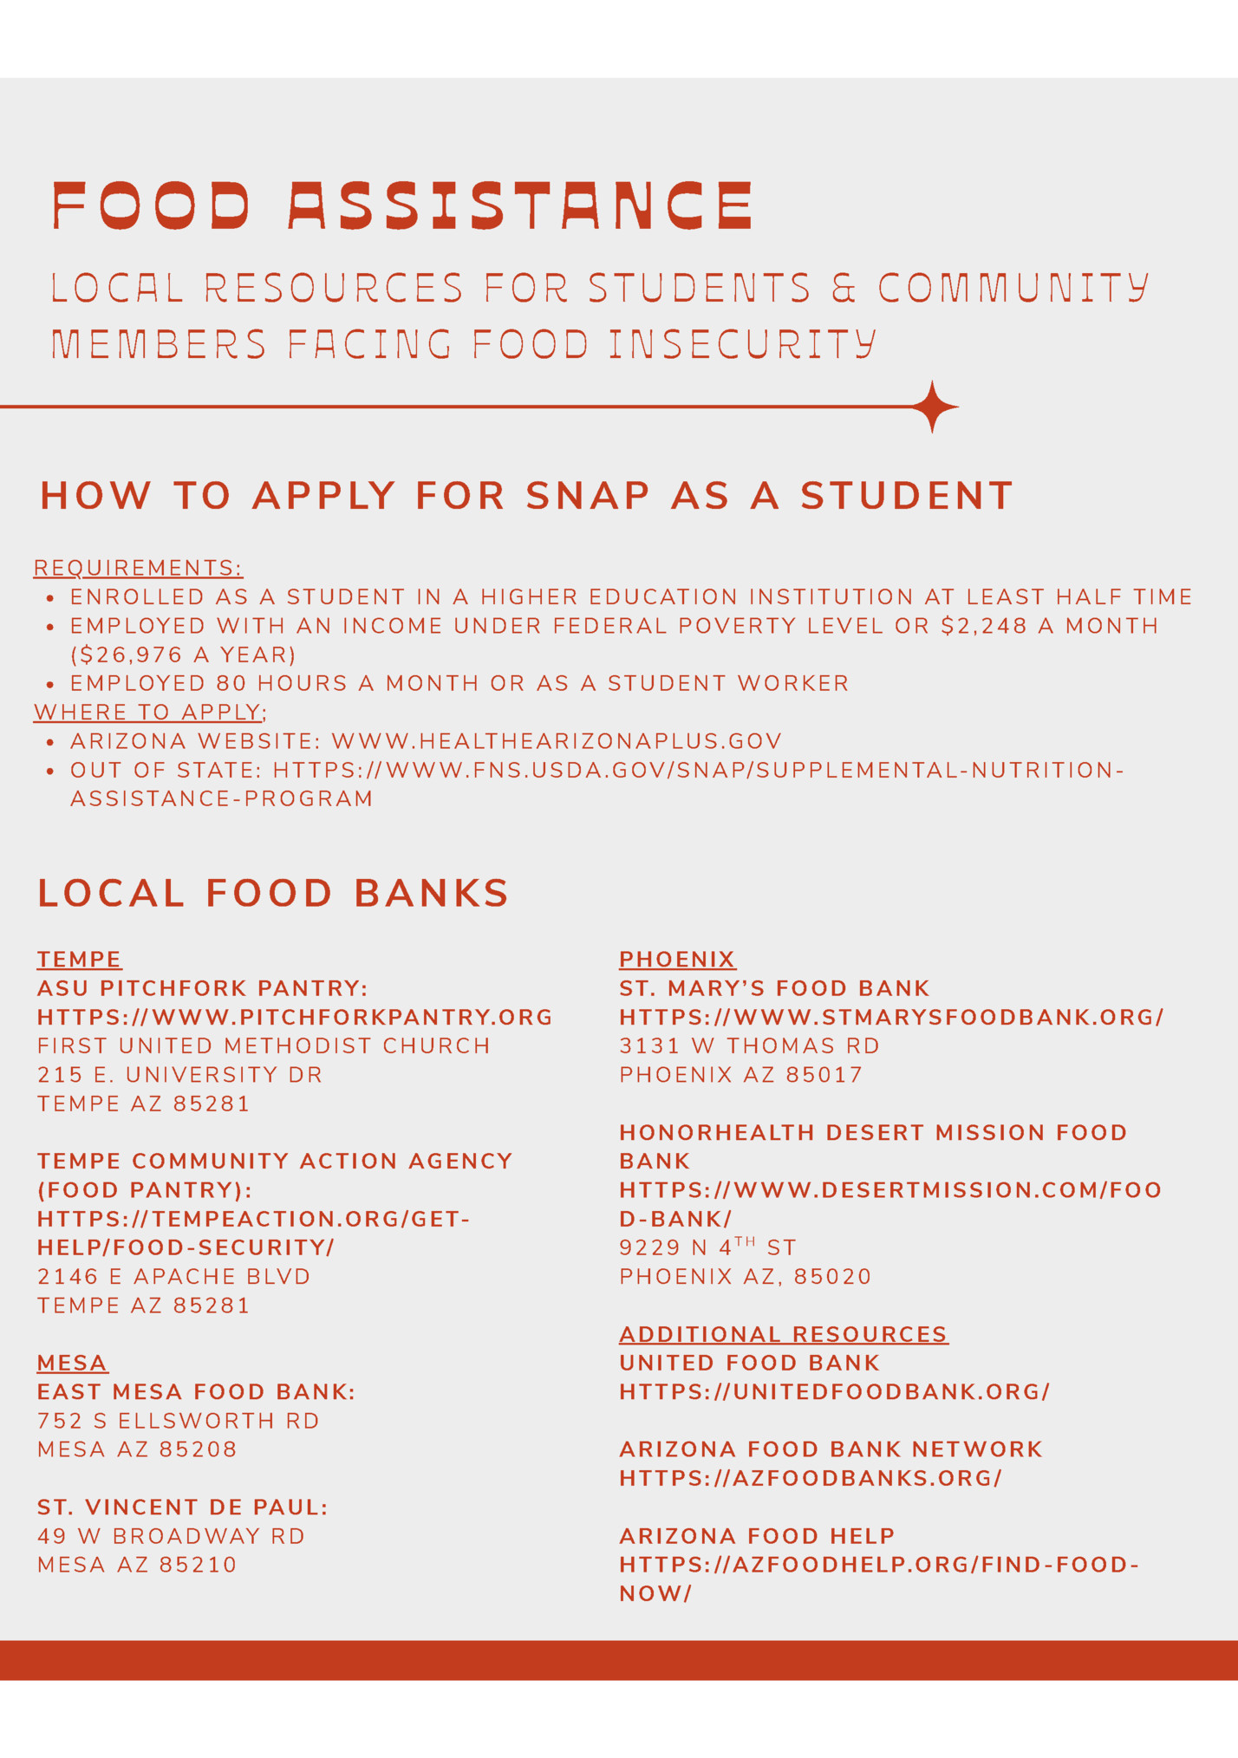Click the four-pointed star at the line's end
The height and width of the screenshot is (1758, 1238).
[x=933, y=406]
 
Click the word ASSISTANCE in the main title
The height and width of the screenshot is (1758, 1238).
[x=520, y=205]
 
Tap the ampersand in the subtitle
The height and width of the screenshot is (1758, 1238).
[x=843, y=289]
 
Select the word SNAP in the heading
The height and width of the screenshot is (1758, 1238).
[x=588, y=496]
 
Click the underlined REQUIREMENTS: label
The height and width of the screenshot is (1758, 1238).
[x=138, y=568]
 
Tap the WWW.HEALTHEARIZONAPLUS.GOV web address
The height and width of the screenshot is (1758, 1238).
[x=557, y=741]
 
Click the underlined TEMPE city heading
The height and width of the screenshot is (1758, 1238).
[x=79, y=960]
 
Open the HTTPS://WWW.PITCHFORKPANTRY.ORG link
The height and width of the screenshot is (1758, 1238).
[x=295, y=1017]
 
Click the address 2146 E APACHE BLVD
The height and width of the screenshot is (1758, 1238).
[x=173, y=1277]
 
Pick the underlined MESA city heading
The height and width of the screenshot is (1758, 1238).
[x=72, y=1364]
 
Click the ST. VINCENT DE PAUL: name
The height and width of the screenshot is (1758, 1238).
[x=182, y=1507]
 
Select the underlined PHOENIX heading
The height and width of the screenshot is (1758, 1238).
[x=676, y=960]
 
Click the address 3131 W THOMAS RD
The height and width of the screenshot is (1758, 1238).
[x=749, y=1046]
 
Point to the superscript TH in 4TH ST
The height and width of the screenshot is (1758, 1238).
[x=745, y=1241]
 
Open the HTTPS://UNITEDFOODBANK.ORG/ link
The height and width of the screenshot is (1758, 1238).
[x=834, y=1392]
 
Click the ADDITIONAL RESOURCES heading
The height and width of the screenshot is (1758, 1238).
[x=784, y=1334]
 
